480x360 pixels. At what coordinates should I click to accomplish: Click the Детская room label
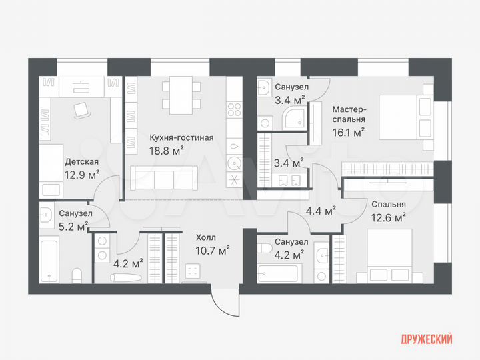click(81, 162)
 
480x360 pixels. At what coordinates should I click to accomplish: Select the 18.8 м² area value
click(169, 151)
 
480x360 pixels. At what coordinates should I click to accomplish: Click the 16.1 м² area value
click(349, 132)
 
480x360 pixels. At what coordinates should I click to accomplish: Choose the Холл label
click(205, 237)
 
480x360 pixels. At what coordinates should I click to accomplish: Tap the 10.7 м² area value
click(213, 250)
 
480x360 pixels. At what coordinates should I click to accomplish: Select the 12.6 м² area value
click(389, 217)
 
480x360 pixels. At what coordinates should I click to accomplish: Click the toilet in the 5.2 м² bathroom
click(77, 275)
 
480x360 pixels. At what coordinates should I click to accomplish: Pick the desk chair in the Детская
click(83, 110)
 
